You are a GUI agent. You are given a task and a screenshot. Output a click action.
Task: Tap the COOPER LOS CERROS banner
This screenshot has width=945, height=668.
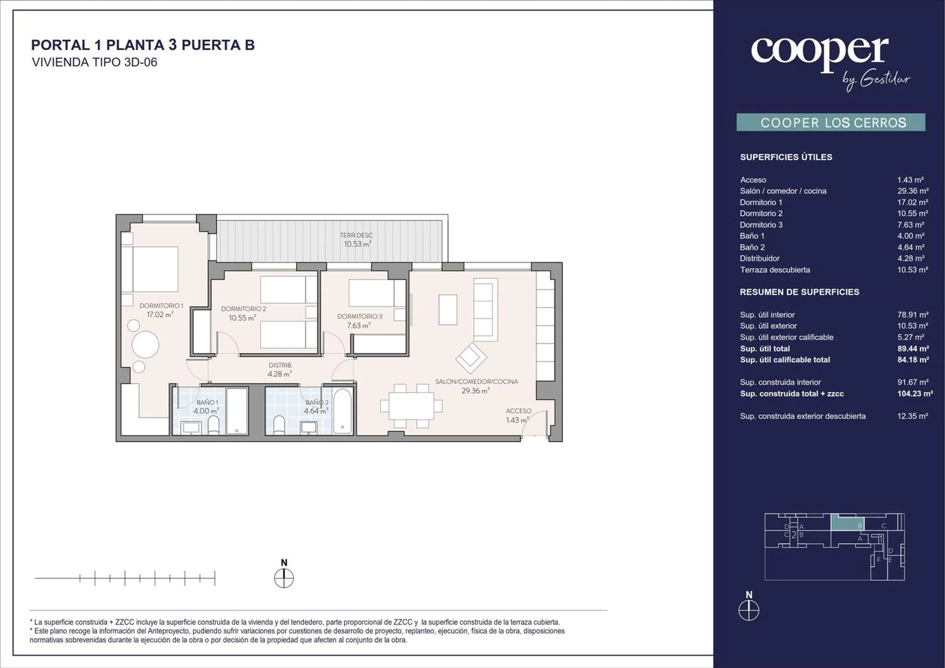(x=831, y=122)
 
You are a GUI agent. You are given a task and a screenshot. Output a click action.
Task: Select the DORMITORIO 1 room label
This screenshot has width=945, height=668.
(x=161, y=305)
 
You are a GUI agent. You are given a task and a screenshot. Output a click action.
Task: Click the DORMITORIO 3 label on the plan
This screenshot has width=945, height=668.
(x=360, y=316)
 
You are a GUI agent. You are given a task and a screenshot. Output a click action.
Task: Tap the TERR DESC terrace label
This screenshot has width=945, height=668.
(x=357, y=235)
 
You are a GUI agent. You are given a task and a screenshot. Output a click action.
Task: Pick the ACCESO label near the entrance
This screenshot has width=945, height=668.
(x=519, y=411)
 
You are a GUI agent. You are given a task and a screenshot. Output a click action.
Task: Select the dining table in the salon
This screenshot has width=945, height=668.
(x=411, y=406)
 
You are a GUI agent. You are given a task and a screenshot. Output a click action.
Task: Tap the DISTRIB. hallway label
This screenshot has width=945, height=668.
(x=280, y=365)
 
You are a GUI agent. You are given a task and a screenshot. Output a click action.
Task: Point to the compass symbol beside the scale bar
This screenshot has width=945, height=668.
(x=284, y=579)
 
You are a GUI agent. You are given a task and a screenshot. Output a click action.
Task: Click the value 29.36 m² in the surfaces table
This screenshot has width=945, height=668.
(x=913, y=191)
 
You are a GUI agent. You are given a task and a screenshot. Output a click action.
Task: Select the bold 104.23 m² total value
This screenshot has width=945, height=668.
(x=915, y=394)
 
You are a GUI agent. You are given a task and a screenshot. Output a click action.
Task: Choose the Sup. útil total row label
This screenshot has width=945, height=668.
(x=765, y=349)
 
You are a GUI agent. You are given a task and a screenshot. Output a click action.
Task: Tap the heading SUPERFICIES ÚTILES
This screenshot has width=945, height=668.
(x=786, y=157)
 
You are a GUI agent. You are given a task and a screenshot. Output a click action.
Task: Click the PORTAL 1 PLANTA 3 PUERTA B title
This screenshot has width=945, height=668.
(x=143, y=45)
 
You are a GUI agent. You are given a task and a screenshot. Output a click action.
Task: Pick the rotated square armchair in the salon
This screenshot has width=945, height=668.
(x=471, y=358)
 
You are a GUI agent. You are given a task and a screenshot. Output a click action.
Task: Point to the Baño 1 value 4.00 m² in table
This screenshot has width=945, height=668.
(x=911, y=236)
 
